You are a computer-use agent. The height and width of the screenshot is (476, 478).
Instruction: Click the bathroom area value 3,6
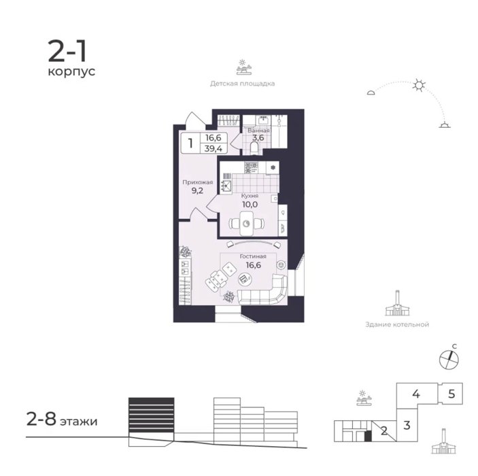(x=258, y=137)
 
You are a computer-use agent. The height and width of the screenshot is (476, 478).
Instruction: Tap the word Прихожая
(x=198, y=182)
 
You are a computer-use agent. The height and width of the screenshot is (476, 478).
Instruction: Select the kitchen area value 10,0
(x=250, y=204)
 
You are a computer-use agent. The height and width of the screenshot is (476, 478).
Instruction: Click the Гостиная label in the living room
(x=253, y=256)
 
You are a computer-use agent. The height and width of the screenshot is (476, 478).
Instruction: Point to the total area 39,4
(x=214, y=148)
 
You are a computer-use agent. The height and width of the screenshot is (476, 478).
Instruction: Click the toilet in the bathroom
(x=254, y=148)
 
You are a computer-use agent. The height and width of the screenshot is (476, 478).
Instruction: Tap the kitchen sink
(x=226, y=185)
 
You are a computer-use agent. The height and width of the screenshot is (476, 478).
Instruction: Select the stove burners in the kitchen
(x=251, y=167)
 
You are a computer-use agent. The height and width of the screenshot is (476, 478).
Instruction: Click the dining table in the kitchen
(x=247, y=224)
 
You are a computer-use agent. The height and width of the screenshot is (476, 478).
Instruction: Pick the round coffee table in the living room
(x=245, y=279)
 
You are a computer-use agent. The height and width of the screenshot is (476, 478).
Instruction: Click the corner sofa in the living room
(x=264, y=292)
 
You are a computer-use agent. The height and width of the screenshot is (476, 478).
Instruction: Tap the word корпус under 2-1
(x=71, y=72)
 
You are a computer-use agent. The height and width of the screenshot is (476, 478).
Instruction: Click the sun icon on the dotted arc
(x=419, y=85)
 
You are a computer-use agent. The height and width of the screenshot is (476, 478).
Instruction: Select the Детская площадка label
(x=242, y=83)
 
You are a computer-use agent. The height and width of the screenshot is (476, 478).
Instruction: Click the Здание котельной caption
(x=397, y=324)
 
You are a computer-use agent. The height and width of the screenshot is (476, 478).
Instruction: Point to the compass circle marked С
(x=449, y=360)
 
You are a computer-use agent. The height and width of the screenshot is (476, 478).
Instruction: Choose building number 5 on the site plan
(x=451, y=394)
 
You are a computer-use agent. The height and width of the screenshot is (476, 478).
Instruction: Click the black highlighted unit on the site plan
(x=369, y=436)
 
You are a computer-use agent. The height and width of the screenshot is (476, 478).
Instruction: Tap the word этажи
(x=78, y=422)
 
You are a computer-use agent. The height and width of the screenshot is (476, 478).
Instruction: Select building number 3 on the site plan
(x=407, y=425)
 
